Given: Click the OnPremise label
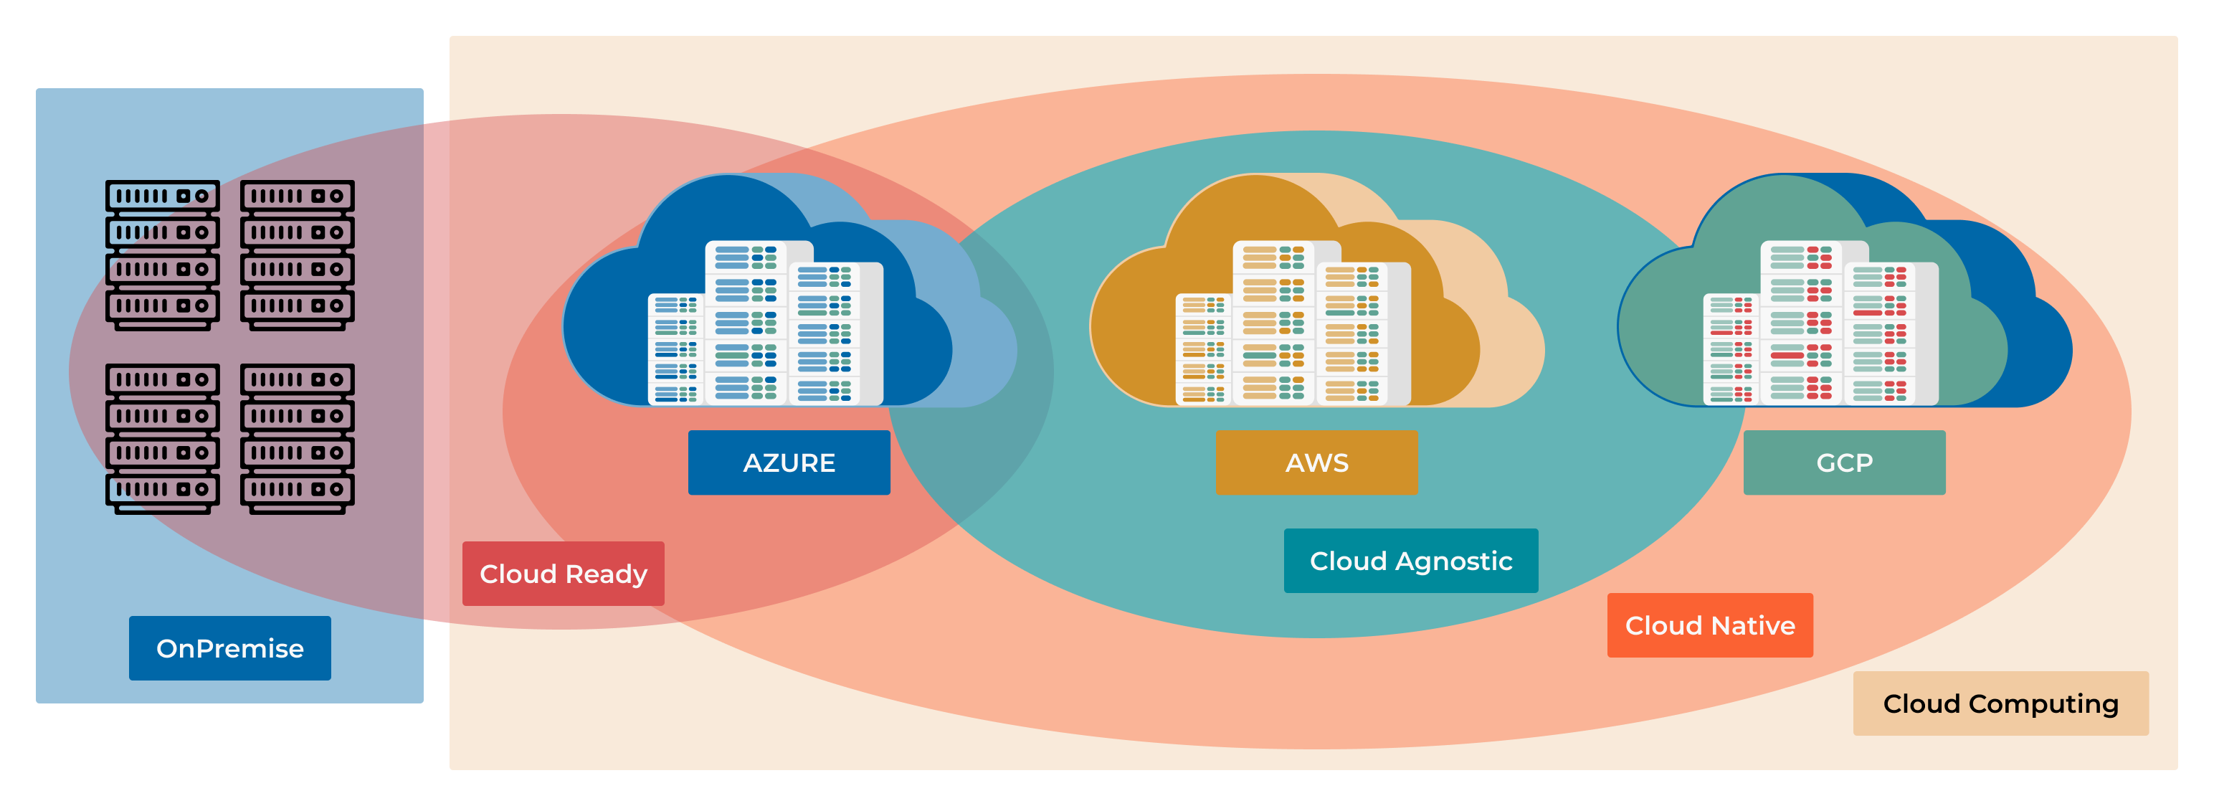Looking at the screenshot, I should point(229,648).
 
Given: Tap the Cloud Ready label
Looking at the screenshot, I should point(563,573).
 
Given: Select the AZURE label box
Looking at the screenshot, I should point(789,463).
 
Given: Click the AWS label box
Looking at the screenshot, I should point(1316,463).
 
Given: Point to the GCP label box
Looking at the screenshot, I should point(1845,463).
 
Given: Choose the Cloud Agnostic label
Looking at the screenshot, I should point(1410,560).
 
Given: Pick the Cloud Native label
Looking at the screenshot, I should point(1709,625).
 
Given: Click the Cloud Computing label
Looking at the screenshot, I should point(2000,703).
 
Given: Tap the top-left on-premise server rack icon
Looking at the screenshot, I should point(163,255).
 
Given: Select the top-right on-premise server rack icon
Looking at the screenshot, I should point(298,255).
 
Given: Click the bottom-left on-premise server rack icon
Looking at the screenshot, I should point(163,438).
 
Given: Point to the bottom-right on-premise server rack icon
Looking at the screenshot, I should point(298,438).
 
